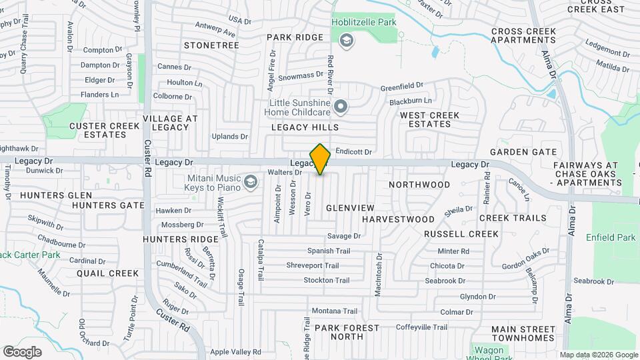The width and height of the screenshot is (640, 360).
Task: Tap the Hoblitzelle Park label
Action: point(364,22)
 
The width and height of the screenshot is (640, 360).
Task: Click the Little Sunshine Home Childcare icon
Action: point(341,106)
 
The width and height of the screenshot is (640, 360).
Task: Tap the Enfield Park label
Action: point(611,237)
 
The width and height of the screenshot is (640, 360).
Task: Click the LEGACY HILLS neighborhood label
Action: point(305,127)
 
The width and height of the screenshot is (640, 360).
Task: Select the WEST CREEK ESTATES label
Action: point(429,119)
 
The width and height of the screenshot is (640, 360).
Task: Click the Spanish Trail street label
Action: point(328,251)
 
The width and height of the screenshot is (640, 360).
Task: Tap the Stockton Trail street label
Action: point(326,281)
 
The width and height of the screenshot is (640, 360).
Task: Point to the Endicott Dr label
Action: point(353,151)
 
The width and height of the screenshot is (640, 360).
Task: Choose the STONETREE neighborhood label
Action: point(211,45)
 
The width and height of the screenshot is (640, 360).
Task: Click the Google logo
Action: point(23,351)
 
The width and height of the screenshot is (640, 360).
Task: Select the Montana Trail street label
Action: point(335,311)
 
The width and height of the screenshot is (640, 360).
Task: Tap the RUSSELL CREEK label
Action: point(461,234)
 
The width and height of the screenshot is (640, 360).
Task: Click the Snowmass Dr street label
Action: point(301,77)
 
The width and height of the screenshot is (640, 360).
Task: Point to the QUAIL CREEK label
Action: point(107,273)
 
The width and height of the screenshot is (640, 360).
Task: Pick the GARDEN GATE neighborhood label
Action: point(523,152)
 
